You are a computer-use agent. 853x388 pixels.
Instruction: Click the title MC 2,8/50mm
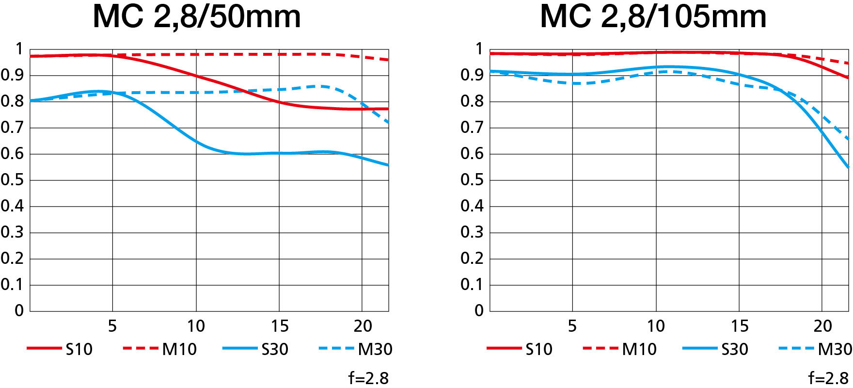[196, 16]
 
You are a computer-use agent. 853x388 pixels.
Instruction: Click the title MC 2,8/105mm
[653, 16]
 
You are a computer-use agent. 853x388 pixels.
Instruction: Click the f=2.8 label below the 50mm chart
[368, 378]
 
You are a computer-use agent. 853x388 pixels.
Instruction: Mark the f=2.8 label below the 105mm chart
[828, 378]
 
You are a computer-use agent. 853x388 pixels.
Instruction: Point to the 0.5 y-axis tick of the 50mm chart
[12, 180]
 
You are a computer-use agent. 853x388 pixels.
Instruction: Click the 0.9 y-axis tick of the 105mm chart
[472, 75]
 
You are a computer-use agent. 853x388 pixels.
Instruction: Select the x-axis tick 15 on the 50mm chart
[279, 326]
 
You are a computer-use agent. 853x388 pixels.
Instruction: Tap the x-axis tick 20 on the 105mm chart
[822, 326]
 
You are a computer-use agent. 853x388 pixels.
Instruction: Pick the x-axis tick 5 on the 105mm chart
[572, 326]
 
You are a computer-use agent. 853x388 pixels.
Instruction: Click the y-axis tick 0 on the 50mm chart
[19, 311]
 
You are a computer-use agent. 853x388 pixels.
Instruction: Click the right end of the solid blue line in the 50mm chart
[388, 165]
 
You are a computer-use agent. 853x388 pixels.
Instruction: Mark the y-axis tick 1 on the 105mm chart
[479, 49]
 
